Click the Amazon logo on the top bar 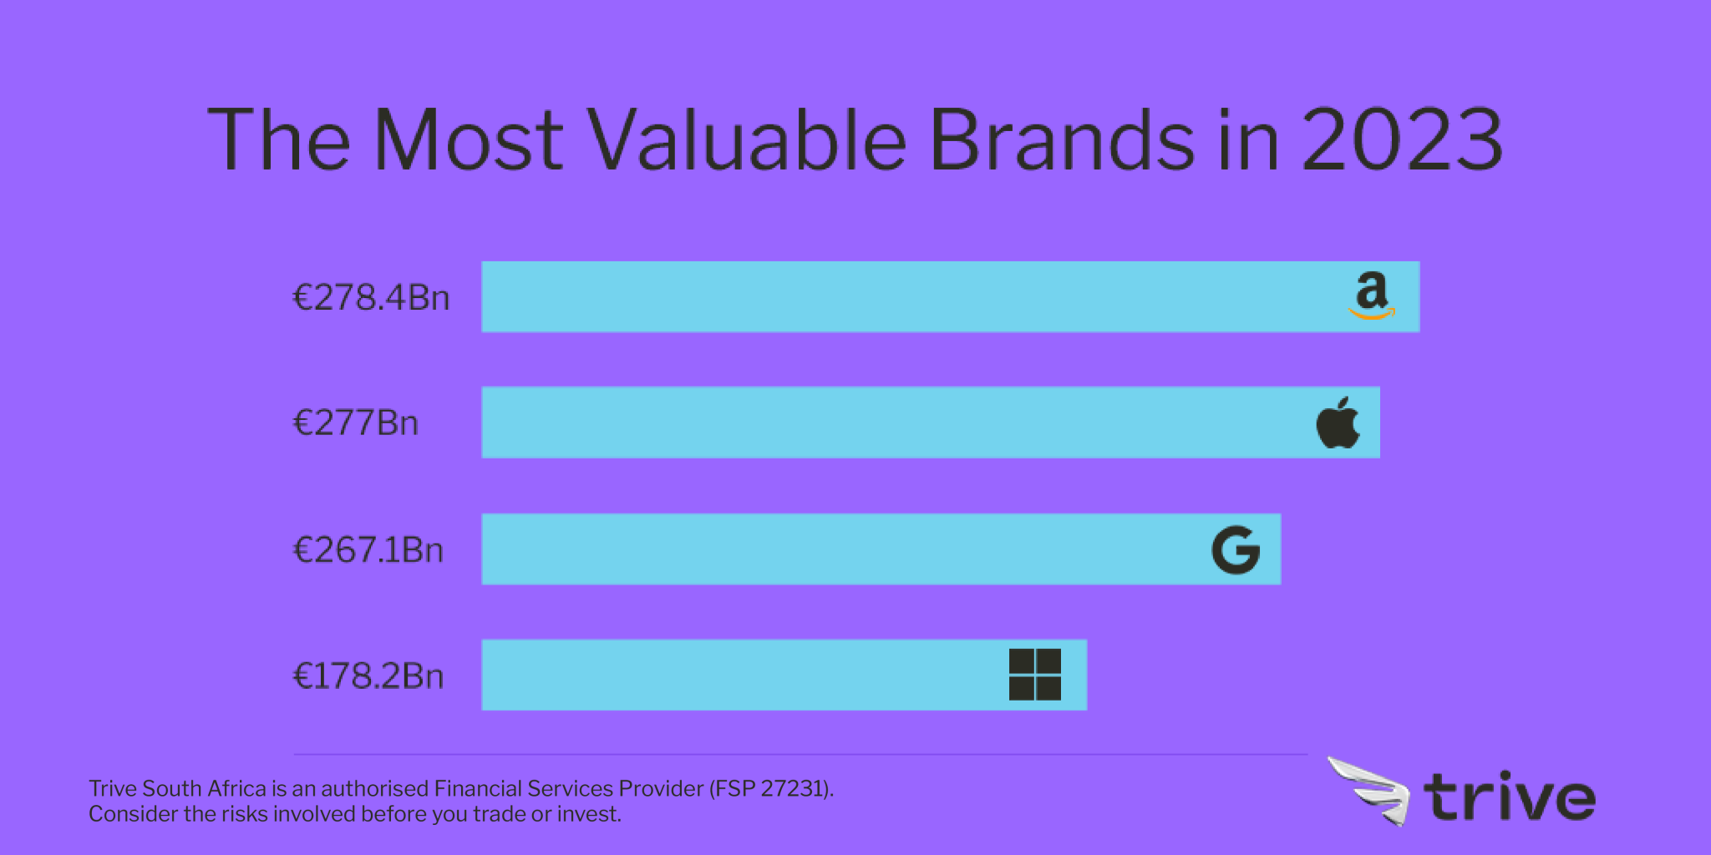pos(1371,296)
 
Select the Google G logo pos(1236,549)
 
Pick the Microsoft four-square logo pos(1034,675)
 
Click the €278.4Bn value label pos(370,298)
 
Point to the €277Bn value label pos(355,423)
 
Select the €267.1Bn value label pos(368,550)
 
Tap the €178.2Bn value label pos(368,676)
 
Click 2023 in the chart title pos(1402,140)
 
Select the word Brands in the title pos(1061,140)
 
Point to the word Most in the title pos(468,140)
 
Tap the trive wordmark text pos(1509,798)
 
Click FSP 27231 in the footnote pos(769,789)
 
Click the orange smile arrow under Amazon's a pos(1372,315)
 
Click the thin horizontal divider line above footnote pos(800,754)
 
